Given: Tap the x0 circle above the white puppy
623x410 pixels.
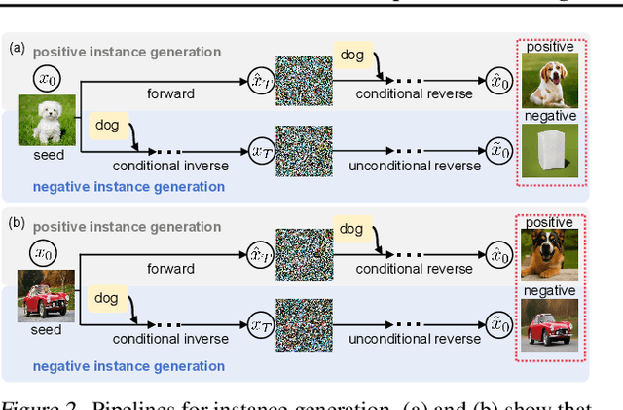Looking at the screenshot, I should (x=46, y=77).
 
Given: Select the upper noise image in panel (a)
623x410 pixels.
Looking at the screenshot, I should (x=303, y=78).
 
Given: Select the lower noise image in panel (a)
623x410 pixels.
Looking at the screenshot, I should (x=303, y=150).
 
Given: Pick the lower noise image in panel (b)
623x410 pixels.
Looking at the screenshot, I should (x=303, y=324).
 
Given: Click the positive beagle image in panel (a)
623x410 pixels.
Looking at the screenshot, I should (x=552, y=81).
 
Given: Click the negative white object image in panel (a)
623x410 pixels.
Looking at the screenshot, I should (x=552, y=151).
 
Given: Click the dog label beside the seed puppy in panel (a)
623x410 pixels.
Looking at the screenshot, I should (x=107, y=124).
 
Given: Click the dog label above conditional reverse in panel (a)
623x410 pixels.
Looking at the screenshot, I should (x=352, y=56).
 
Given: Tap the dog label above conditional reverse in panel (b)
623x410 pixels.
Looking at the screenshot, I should (x=352, y=230).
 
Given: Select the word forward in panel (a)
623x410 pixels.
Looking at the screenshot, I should (x=170, y=94).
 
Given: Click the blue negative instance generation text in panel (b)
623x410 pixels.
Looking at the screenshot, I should (x=128, y=366).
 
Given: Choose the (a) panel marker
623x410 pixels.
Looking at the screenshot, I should (x=16, y=47).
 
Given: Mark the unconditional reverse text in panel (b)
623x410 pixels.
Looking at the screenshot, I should (x=415, y=340).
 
